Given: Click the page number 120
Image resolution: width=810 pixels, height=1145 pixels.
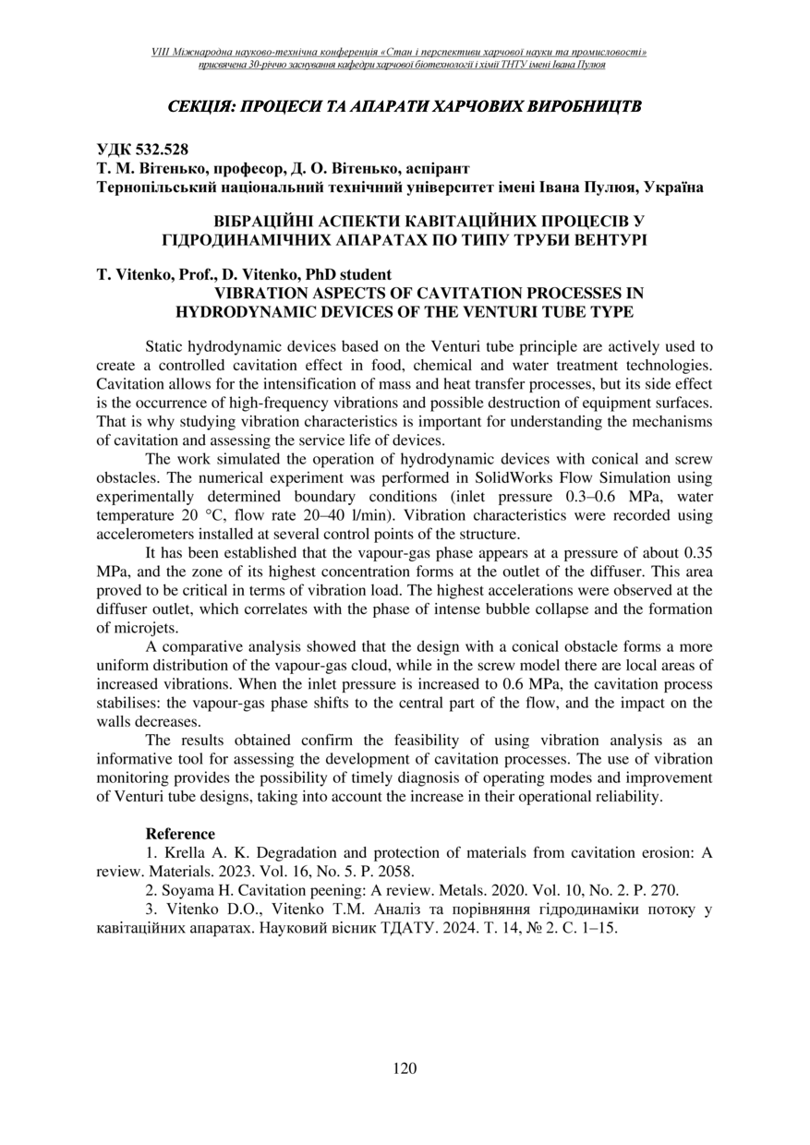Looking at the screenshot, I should [405, 1068].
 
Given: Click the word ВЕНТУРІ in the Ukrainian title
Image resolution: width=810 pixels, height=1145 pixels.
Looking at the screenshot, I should [602, 240].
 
